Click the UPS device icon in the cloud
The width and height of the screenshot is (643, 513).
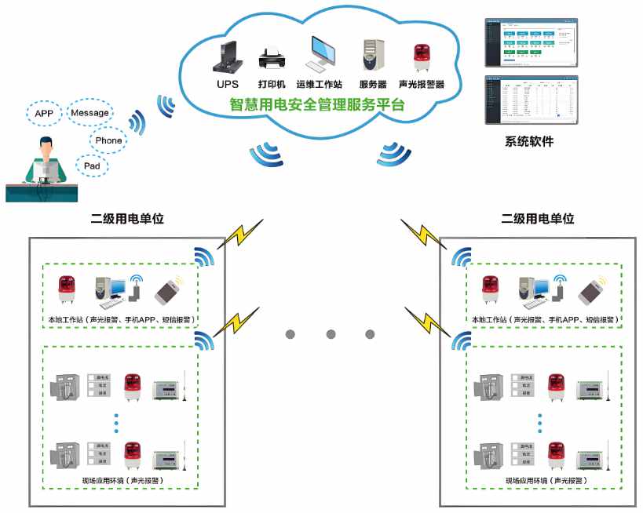click(226, 56)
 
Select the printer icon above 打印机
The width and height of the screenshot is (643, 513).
click(272, 59)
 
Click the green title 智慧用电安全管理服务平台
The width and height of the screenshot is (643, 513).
click(316, 104)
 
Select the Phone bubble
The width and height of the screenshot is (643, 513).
click(108, 140)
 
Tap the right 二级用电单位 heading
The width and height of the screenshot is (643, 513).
click(537, 219)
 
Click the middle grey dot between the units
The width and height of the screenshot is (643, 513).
click(330, 334)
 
